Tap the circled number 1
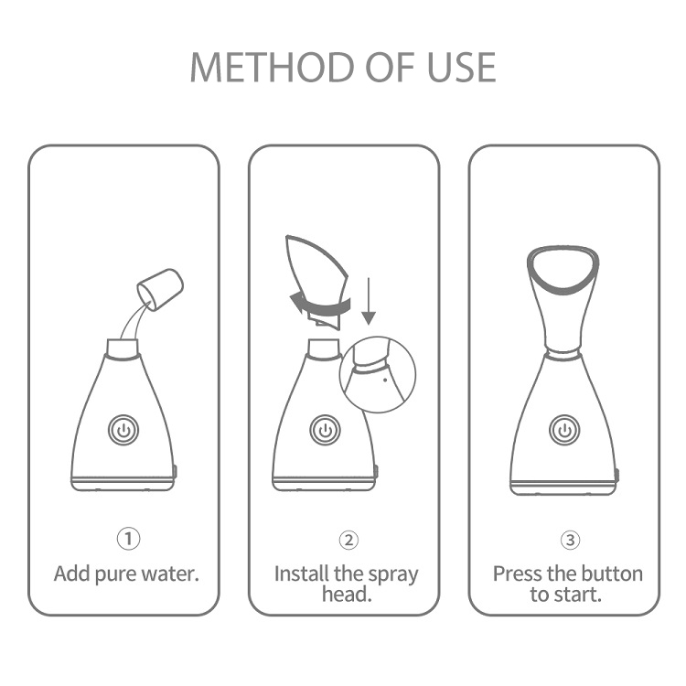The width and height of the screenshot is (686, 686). click(128, 540)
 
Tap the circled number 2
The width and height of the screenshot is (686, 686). click(348, 540)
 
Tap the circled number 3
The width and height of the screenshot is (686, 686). click(570, 540)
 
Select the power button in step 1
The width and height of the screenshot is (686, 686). click(123, 429)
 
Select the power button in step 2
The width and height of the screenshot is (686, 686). click(324, 429)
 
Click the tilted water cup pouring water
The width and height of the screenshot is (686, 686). click(161, 286)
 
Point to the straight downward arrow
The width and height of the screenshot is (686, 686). click(369, 302)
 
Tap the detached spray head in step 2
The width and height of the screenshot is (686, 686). click(318, 274)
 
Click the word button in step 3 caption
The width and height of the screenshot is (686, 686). click(612, 574)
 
